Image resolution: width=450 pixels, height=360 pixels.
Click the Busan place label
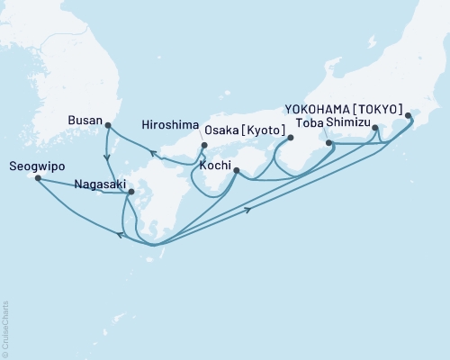[x=86, y=118]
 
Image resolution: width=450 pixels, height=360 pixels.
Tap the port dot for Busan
[x=108, y=126]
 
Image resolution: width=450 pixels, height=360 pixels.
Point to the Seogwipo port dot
[x=38, y=178]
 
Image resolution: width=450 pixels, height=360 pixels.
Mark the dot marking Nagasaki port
[x=131, y=191]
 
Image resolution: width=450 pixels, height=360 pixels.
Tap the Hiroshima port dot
[x=205, y=146]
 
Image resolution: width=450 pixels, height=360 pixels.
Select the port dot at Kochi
[x=236, y=170]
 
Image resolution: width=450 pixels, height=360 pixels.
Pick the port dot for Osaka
[x=290, y=137]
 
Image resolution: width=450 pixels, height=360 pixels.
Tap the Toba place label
[x=310, y=127]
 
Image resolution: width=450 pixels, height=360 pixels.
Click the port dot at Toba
[x=329, y=142]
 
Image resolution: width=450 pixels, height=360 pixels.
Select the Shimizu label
[x=351, y=127]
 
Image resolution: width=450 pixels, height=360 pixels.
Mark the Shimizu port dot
[x=375, y=129]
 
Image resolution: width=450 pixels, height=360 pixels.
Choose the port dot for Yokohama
[x=409, y=116]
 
